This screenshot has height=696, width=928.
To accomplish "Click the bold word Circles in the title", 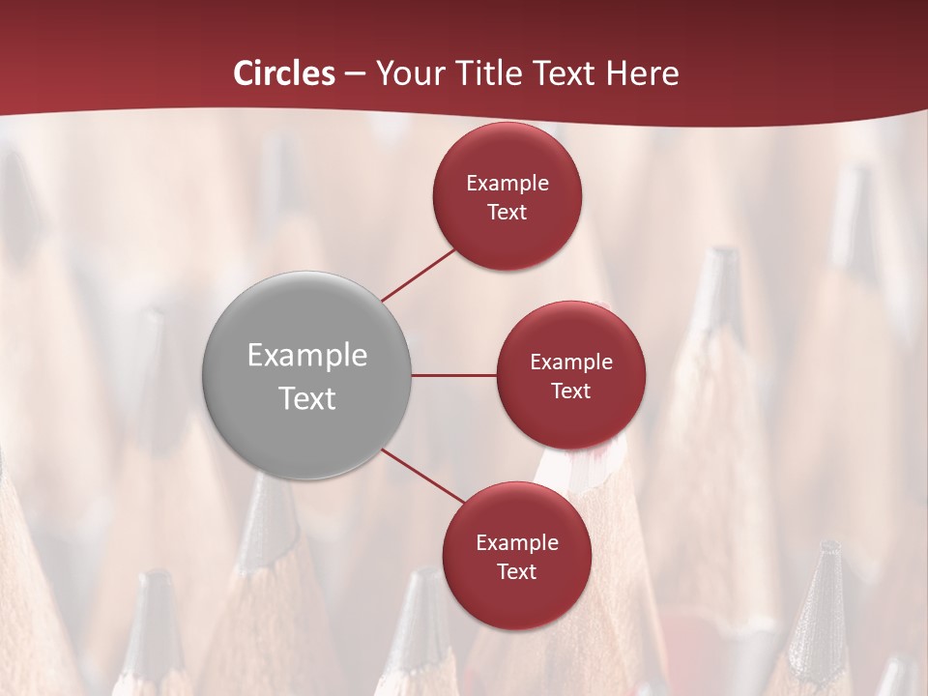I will click(284, 73).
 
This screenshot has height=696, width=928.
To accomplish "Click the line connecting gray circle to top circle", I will click(418, 274).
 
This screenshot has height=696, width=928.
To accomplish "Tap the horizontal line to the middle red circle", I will click(454, 375).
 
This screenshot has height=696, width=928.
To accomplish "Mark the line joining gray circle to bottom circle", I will click(422, 477).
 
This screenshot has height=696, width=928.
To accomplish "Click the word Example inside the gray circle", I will click(307, 356).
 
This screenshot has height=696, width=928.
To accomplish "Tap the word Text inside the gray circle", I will click(307, 398).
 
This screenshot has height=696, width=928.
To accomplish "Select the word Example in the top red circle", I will click(507, 184).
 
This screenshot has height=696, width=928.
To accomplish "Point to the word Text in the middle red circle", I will click(570, 391).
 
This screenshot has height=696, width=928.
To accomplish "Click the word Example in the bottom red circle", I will click(517, 543).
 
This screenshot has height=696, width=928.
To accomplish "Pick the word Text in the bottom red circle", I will click(516, 571).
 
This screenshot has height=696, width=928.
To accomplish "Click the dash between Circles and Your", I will click(356, 73).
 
